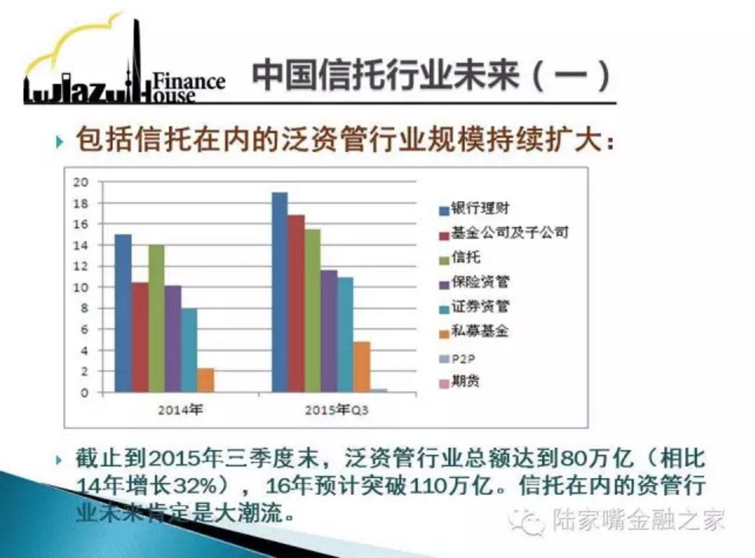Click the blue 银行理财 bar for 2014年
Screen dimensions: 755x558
pos(123,313)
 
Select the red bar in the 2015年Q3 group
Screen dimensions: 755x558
pos(296,303)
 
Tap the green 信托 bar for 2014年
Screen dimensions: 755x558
pos(156,319)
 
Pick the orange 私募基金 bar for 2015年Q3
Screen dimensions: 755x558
pos(362,367)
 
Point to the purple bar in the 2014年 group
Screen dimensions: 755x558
pos(173,339)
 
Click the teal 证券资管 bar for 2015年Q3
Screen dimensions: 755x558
pos(346,334)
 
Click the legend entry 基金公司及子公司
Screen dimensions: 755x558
pos(503,233)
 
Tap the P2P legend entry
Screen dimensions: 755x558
pos(457,359)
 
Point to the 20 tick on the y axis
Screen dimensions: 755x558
pos(81,182)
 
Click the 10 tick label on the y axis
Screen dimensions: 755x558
pos(81,287)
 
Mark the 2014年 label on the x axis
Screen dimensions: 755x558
pos(181,410)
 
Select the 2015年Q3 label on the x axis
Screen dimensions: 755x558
pos(336,410)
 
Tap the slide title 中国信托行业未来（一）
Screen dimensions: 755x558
pos(432,76)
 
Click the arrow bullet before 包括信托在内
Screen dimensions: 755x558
pos(60,141)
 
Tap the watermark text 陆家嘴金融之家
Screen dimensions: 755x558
pos(638,520)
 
